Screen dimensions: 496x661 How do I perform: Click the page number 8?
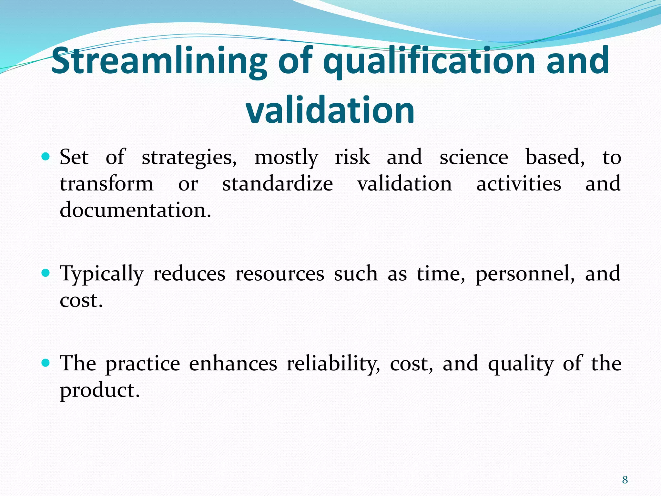(625, 480)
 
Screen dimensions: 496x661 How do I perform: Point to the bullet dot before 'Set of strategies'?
(46, 157)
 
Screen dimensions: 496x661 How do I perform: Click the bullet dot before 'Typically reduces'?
(46, 274)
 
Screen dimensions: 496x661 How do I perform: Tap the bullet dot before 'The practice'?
(46, 363)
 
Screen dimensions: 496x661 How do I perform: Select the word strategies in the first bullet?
(189, 158)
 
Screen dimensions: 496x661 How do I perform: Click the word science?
(473, 157)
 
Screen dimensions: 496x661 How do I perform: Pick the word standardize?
(278, 184)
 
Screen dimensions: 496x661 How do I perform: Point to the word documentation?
(135, 210)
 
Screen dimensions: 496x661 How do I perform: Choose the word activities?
(519, 184)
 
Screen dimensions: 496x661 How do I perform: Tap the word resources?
(280, 274)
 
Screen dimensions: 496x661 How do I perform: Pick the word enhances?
(233, 364)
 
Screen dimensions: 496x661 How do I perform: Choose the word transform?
(107, 184)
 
